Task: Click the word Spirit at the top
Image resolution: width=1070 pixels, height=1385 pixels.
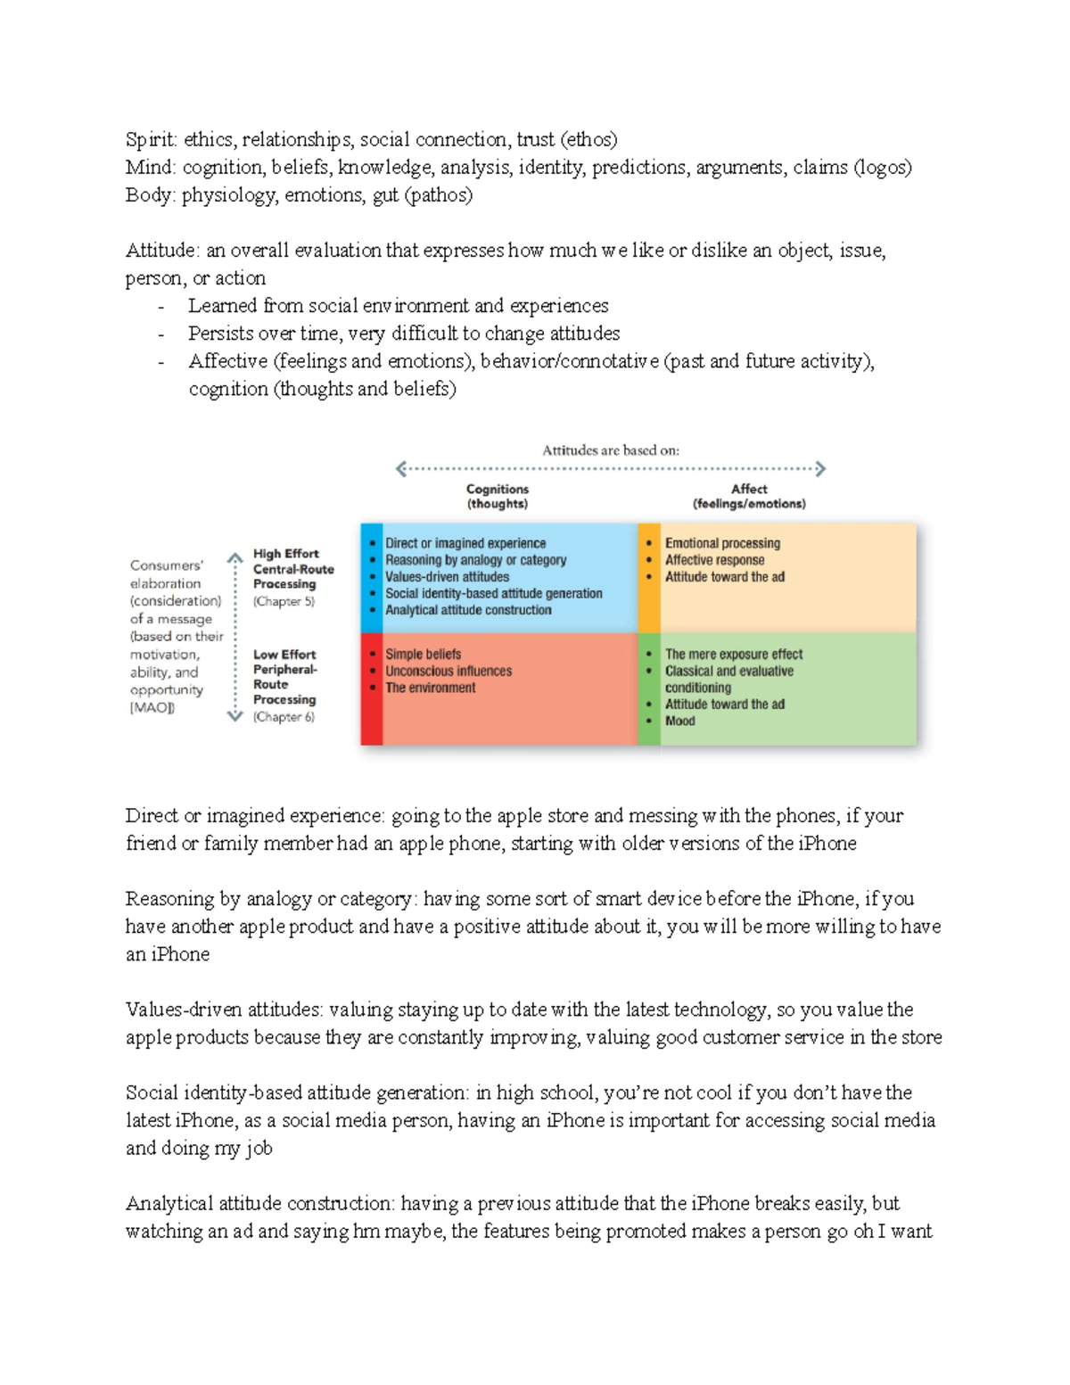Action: click(x=150, y=140)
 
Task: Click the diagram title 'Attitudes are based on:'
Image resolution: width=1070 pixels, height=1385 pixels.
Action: click(x=611, y=450)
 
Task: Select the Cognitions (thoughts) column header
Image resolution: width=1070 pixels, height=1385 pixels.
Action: click(x=498, y=497)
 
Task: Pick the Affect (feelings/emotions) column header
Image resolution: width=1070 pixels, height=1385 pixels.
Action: click(x=749, y=497)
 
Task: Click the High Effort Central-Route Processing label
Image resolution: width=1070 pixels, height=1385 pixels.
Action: click(x=292, y=569)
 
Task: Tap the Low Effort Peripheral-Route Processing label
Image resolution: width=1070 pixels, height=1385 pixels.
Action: click(x=284, y=677)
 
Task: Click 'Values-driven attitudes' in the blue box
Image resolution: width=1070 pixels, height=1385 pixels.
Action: click(x=447, y=577)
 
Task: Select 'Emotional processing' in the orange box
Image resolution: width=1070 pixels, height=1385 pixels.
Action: click(x=722, y=543)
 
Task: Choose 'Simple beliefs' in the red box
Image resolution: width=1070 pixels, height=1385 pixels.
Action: click(x=423, y=654)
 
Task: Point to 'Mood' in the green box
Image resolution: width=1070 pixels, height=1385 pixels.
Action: click(x=679, y=721)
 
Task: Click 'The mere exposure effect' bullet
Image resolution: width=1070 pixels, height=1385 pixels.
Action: click(x=733, y=654)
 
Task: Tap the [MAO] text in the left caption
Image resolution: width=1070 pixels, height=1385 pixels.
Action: click(x=152, y=708)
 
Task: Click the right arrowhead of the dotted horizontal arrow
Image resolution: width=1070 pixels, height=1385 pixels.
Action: click(x=820, y=469)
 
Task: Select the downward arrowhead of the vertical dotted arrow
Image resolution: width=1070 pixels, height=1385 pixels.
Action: click(x=235, y=715)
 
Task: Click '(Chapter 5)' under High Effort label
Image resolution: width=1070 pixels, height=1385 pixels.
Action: click(x=284, y=602)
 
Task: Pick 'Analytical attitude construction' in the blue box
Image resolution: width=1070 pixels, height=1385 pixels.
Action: click(x=468, y=610)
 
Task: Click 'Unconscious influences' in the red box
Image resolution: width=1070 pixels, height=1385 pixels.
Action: click(x=449, y=671)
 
